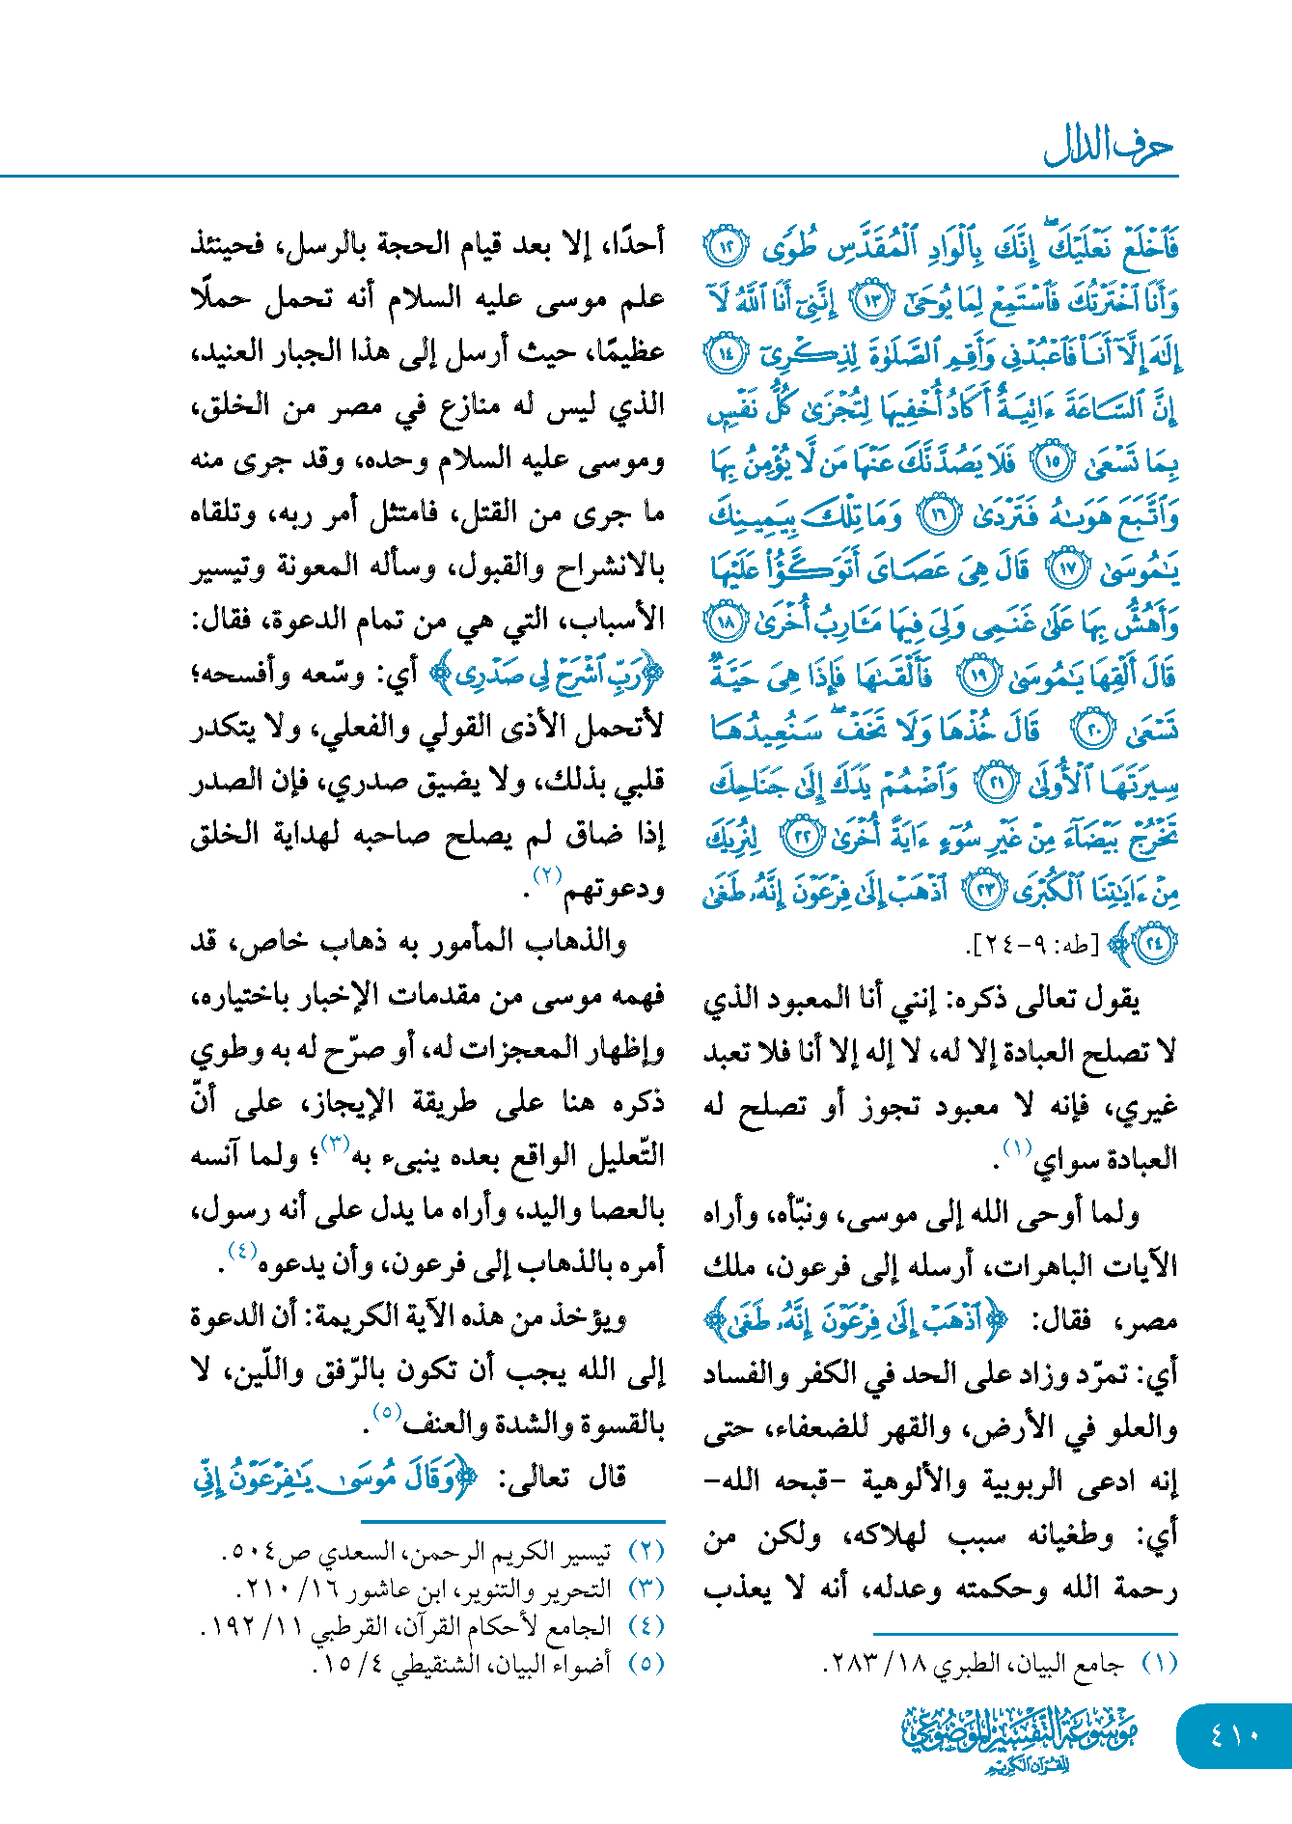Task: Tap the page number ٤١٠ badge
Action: click(x=1234, y=1734)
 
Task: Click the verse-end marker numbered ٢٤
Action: click(x=1154, y=943)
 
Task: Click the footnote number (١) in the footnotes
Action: click(x=1159, y=1663)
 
